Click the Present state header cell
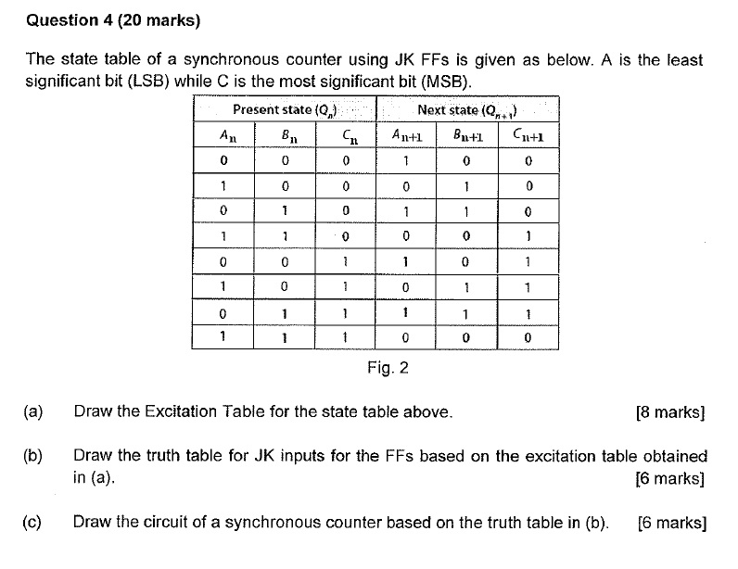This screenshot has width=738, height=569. coord(285,110)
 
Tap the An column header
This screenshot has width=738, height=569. coord(223,135)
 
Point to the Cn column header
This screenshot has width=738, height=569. coord(345,135)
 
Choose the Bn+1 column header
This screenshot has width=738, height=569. coord(466,135)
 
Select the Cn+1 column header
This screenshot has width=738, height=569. coord(528,135)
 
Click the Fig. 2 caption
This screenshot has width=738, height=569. coord(388,368)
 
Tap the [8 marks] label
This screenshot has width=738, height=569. coord(670,412)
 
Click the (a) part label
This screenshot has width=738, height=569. coord(34,411)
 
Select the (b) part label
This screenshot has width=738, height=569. coord(34,456)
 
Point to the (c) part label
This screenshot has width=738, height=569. coord(34,522)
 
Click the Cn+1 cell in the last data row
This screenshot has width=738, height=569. coord(528,337)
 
